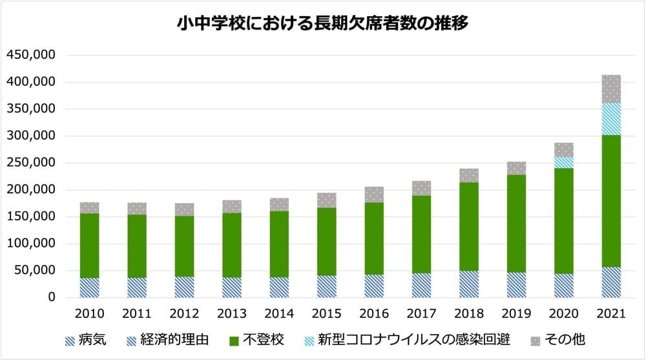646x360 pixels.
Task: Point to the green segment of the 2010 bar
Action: point(89,246)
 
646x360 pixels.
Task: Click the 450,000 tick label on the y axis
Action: point(30,56)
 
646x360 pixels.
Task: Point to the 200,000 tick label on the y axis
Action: point(30,190)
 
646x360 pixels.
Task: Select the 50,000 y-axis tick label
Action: point(34,271)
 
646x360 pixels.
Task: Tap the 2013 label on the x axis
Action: point(232,314)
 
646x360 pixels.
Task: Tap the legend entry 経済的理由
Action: point(168,339)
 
